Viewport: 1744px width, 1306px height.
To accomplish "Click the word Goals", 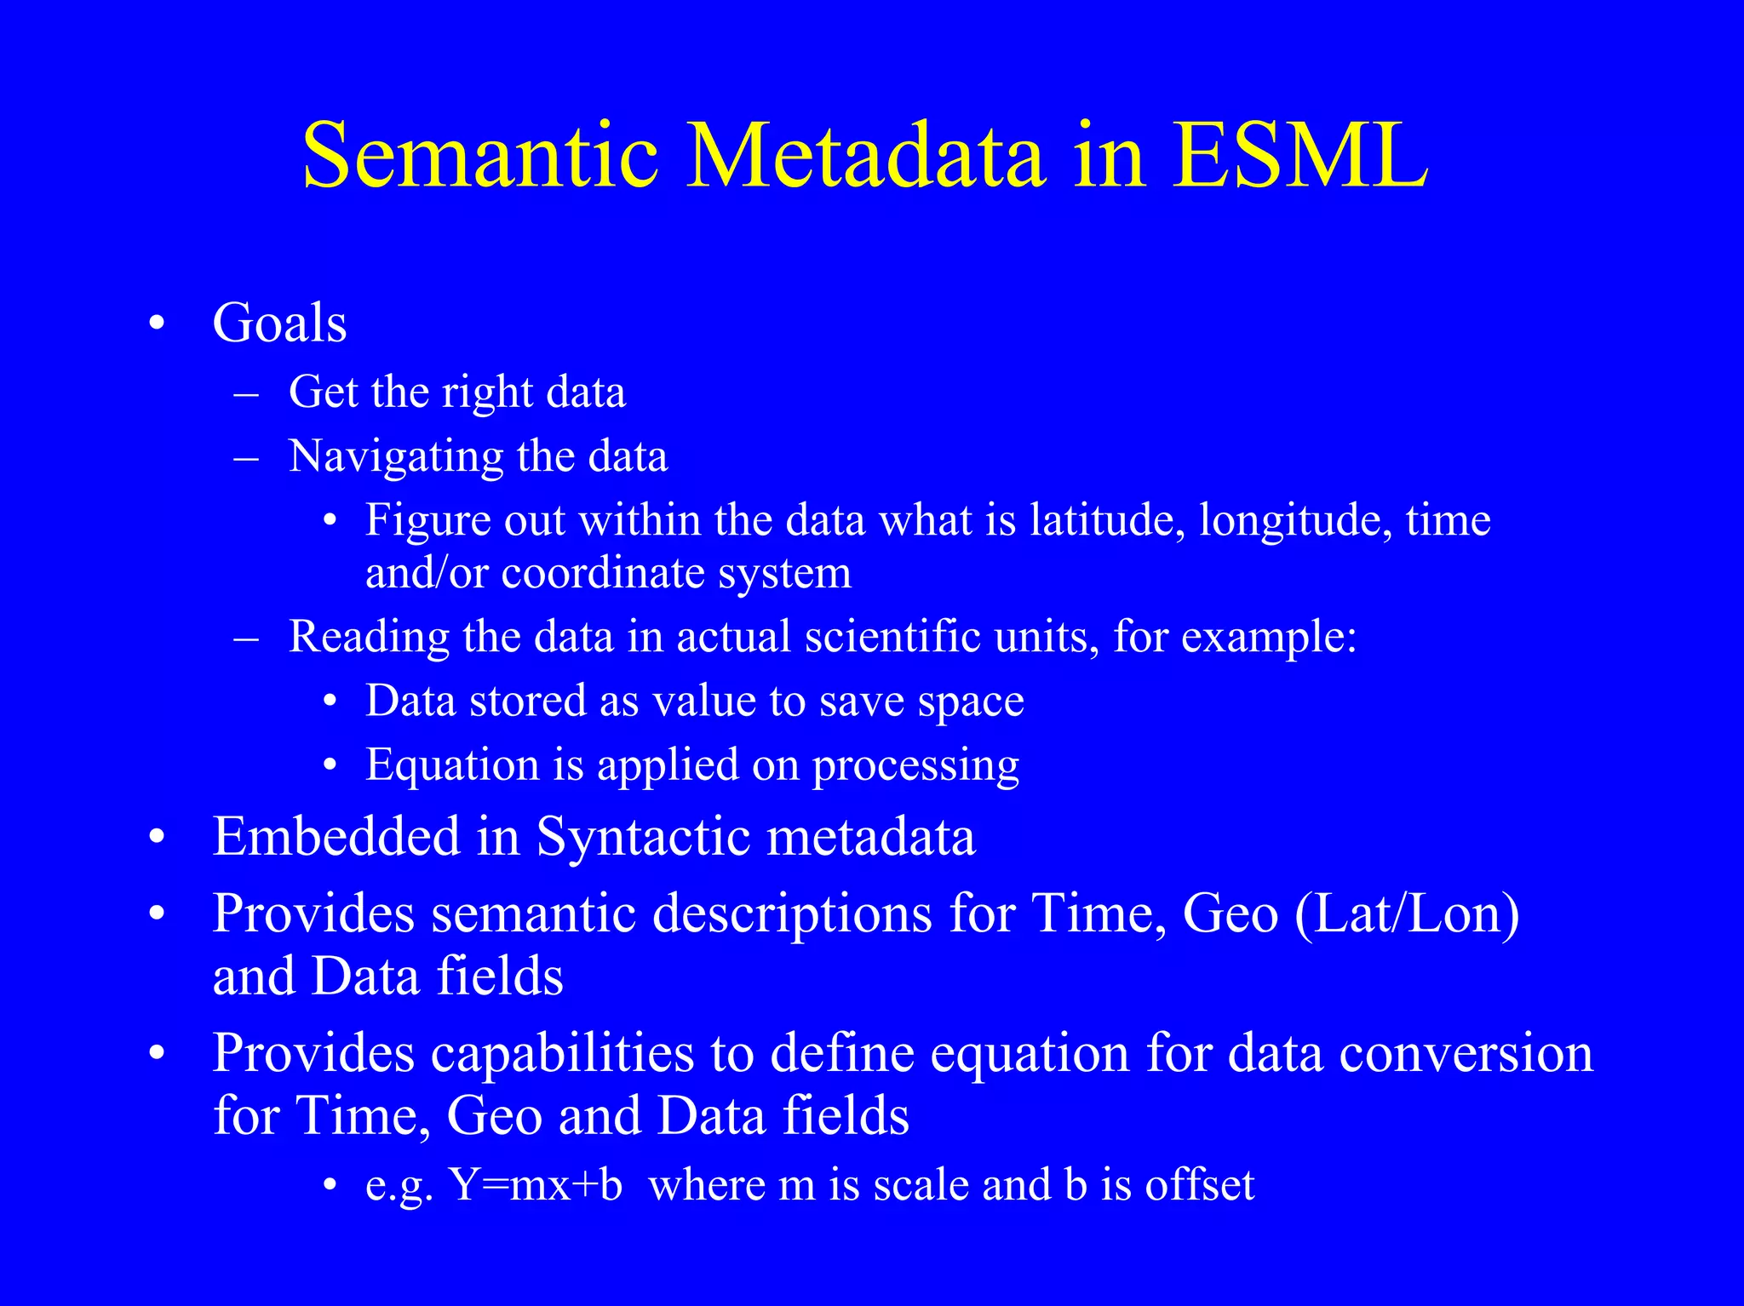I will pos(279,324).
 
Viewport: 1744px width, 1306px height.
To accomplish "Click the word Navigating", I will pos(395,457).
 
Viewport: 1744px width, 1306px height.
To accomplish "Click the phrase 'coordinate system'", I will pos(676,573).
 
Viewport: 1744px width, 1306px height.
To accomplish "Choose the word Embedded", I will pos(336,836).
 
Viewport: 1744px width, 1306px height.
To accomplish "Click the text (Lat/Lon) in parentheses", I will pos(1407,914).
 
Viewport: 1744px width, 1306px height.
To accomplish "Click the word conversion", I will pos(1466,1054).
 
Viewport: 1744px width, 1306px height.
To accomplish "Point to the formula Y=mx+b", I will pos(536,1184).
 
